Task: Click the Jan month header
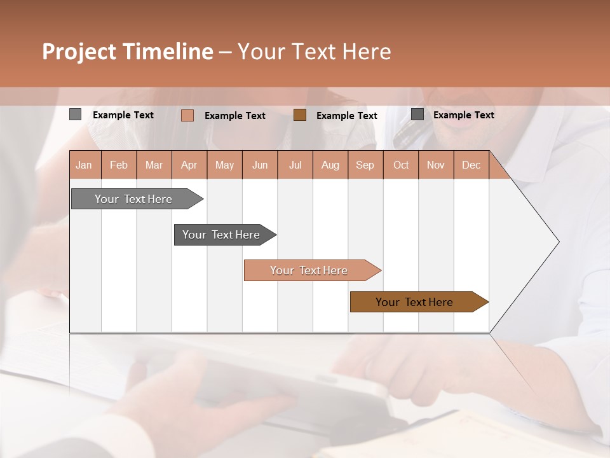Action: [85, 165]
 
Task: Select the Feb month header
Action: [119, 165]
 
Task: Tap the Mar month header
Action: [154, 165]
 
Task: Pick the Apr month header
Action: [189, 165]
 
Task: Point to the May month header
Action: [224, 165]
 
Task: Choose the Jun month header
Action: [260, 165]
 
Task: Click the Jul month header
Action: [295, 165]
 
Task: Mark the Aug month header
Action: [330, 165]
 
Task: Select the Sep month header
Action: [365, 165]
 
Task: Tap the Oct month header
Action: [401, 165]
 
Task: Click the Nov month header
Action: [436, 165]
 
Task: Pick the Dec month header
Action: [471, 165]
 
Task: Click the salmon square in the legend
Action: [187, 115]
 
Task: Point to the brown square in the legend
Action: [300, 114]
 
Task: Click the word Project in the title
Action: [79, 52]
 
